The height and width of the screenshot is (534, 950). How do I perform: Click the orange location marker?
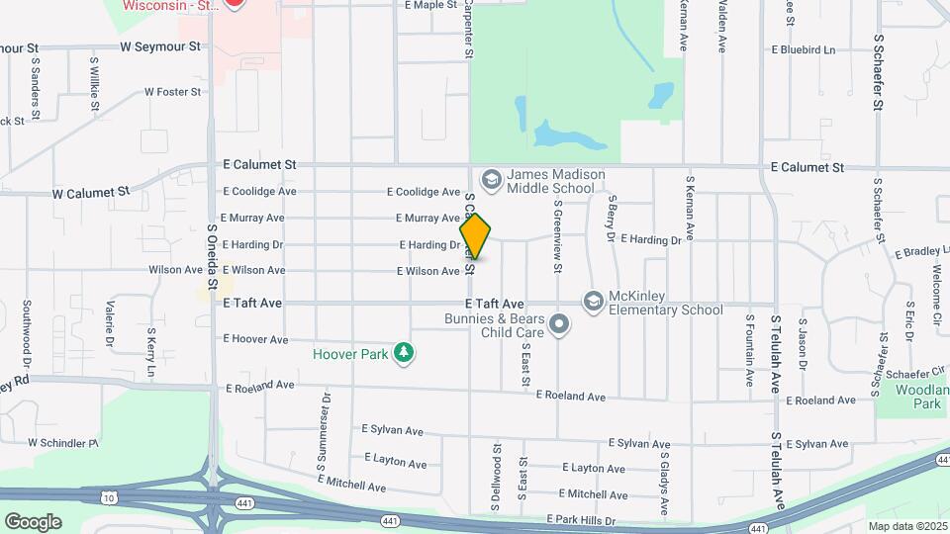tap(476, 236)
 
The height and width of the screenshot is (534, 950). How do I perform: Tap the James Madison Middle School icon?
tap(490, 180)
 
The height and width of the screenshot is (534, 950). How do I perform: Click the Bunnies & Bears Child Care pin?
tap(559, 324)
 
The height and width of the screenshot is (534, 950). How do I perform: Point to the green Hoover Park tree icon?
tap(403, 352)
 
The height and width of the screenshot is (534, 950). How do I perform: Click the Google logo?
tap(33, 521)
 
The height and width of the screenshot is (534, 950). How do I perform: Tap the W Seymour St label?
tap(159, 46)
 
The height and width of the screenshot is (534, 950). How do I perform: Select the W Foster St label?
tap(172, 92)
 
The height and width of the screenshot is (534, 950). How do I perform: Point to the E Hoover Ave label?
tap(255, 338)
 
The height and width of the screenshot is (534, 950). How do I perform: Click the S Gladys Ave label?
tap(665, 483)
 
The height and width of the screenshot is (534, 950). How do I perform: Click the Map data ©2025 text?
tap(906, 526)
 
